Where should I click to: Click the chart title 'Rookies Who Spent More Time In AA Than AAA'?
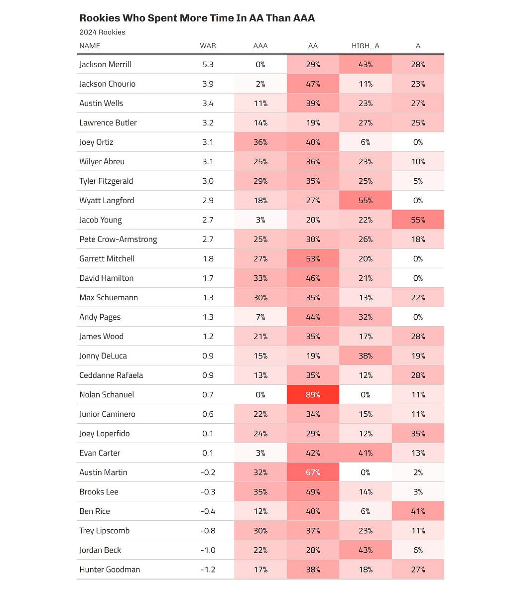[197, 18]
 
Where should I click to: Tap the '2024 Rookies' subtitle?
[102, 32]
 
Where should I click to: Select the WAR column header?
[208, 46]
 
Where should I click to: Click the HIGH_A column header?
[365, 46]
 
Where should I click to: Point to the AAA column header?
[260, 46]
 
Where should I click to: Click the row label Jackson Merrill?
[105, 64]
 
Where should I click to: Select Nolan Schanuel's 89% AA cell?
[313, 394]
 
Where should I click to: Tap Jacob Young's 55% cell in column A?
[418, 220]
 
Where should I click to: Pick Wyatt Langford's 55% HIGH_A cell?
[365, 200]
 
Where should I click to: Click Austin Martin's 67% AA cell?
[313, 472]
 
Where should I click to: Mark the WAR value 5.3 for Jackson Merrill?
[208, 64]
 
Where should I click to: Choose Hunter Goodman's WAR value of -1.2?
[208, 570]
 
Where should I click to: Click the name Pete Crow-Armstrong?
[118, 239]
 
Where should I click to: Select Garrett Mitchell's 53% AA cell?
[313, 258]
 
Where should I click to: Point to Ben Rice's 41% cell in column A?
[418, 511]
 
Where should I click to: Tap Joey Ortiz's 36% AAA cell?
[260, 142]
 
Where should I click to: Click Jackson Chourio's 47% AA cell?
[313, 84]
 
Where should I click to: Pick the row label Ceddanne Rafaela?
[111, 375]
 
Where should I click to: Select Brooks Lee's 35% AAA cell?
[260, 492]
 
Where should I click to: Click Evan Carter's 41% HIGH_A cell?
[365, 453]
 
